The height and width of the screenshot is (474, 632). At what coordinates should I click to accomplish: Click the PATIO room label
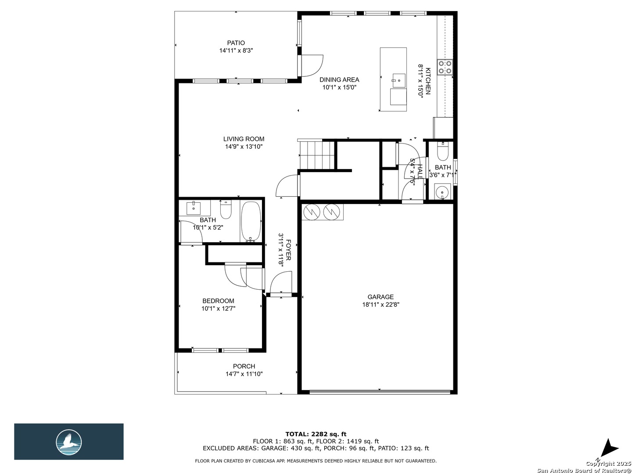(x=236, y=43)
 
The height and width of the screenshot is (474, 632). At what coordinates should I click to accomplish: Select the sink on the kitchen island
(x=399, y=81)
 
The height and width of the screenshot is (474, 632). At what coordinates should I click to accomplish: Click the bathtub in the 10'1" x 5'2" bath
(x=251, y=221)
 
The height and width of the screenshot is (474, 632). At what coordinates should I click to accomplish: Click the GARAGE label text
(x=381, y=297)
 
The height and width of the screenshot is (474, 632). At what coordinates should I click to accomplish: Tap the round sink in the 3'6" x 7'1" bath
(x=442, y=191)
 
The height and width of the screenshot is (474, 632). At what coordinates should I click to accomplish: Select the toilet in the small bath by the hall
(x=443, y=152)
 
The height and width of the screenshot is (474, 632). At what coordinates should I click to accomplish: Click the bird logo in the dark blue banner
(x=69, y=442)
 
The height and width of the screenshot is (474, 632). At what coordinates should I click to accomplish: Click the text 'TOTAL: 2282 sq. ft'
(x=316, y=434)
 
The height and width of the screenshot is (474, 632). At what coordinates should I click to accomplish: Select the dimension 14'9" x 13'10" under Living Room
(x=244, y=147)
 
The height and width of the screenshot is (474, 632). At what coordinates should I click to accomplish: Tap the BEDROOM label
(x=218, y=301)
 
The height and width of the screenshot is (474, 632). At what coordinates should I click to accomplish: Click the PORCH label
(x=244, y=366)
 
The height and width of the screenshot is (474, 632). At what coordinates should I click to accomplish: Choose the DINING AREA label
(x=339, y=79)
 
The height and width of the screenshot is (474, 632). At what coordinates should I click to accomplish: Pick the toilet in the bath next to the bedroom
(x=226, y=210)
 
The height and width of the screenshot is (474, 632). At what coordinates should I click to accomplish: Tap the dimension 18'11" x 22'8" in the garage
(x=381, y=305)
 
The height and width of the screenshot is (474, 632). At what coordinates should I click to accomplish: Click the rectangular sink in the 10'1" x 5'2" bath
(x=194, y=208)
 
